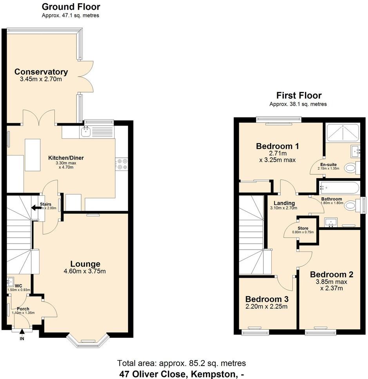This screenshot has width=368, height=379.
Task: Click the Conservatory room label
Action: coord(41,72)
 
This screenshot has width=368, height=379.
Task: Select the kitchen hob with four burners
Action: coord(121,164)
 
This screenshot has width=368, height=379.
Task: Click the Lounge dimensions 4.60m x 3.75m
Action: coord(85,271)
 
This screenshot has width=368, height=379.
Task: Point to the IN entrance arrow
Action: coord(22,333)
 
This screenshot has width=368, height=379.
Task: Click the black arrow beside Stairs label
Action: coord(35,208)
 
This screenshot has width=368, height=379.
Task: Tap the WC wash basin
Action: coord(10,282)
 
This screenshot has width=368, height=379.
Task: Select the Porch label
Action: coord(23,309)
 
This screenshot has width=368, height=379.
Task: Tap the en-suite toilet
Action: coord(351,169)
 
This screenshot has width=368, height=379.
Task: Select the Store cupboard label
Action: coord(303,228)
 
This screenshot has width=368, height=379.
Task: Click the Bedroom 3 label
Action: coord(266,299)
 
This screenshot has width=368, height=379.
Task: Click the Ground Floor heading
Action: coord(71,7)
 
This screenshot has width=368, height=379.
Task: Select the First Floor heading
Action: coord(299,95)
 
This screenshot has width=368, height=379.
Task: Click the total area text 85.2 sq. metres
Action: coord(181,363)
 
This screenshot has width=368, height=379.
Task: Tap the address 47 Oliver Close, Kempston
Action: coord(181,374)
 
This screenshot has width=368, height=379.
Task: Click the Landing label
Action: coord(284,203)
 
